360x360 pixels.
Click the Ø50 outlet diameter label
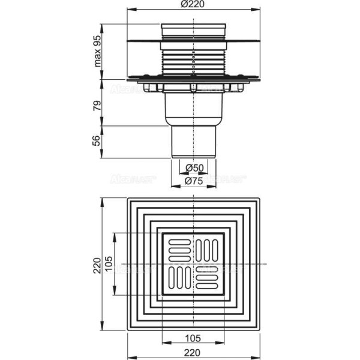tap(193, 167)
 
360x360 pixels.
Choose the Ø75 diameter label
tap(193, 181)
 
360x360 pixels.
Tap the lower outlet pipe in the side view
tap(193, 142)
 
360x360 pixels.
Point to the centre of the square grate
tap(193, 265)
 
